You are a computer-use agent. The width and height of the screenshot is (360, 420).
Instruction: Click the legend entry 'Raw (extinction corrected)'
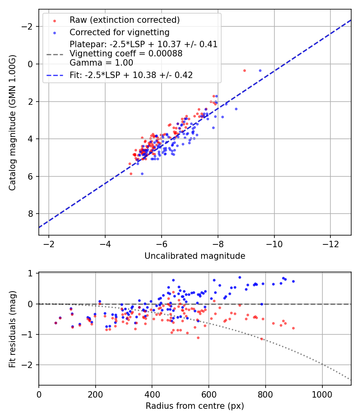[x=124, y=20]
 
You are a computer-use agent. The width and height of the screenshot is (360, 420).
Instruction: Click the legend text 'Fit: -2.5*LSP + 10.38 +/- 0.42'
[x=131, y=75]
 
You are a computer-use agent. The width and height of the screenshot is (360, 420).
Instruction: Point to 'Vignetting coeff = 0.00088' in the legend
[x=126, y=54]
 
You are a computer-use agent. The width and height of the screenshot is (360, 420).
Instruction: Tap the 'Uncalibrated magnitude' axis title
[x=195, y=256]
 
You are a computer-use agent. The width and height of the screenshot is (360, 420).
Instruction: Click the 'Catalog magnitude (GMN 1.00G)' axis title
[x=13, y=122]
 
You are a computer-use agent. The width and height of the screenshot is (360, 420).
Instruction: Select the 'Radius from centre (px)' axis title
[x=195, y=406]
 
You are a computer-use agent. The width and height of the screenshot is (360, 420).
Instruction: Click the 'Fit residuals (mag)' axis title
[x=13, y=328]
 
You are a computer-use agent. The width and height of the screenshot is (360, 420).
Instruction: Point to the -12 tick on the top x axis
[x=330, y=244]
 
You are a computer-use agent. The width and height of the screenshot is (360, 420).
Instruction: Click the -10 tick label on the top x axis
[x=274, y=244]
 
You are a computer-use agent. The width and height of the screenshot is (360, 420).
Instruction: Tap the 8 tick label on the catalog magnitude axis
[x=31, y=214]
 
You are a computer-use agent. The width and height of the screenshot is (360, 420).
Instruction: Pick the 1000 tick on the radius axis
[x=322, y=394]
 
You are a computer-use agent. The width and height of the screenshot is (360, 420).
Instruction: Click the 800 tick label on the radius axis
[x=265, y=394]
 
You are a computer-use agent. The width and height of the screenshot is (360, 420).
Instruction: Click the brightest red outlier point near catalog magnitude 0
[x=244, y=70]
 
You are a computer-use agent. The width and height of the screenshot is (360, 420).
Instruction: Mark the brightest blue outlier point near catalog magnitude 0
[x=260, y=70]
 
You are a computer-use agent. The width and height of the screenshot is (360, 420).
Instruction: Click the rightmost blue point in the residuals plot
[x=293, y=281]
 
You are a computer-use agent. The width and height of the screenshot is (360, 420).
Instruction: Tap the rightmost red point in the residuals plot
[x=293, y=328]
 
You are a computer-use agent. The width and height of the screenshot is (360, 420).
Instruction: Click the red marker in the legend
[x=54, y=20]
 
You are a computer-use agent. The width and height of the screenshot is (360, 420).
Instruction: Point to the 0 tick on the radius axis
[x=39, y=394]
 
